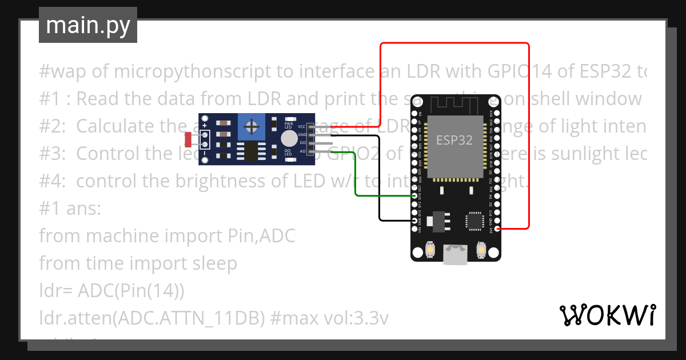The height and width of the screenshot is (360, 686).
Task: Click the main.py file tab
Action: click(87, 25)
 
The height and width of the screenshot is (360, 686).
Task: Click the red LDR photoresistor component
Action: click(188, 139)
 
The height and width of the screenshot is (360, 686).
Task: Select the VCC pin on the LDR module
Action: click(310, 127)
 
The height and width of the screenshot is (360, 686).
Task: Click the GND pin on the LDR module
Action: click(310, 135)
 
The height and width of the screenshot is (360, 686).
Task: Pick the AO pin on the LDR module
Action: click(310, 151)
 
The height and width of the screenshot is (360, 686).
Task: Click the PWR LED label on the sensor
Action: click(289, 125)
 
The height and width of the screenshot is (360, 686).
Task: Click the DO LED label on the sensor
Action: click(289, 153)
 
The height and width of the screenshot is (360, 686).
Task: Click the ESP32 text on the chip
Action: click(454, 139)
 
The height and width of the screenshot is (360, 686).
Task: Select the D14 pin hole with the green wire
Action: click(415, 196)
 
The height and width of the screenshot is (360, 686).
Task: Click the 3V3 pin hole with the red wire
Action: click(497, 229)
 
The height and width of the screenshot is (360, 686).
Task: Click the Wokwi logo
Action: click(607, 315)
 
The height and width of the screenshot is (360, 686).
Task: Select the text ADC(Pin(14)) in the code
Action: click(131, 291)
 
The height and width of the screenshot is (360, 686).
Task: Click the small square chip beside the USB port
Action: click(474, 222)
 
